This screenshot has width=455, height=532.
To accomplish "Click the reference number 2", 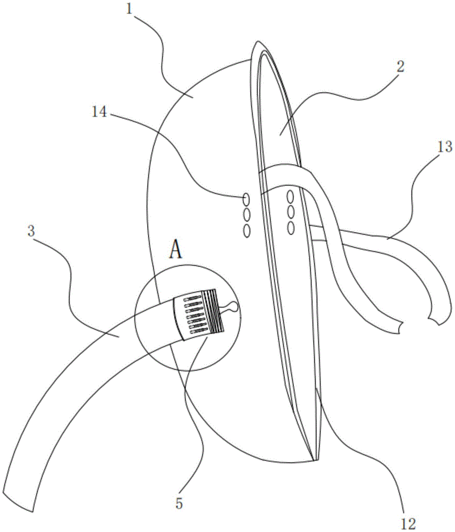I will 400,67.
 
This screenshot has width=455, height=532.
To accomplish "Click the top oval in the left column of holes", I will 246,199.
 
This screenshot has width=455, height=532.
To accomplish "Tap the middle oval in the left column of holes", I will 246,215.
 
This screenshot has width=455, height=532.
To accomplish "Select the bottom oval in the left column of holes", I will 246,230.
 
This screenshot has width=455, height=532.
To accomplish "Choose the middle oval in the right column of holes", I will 291,212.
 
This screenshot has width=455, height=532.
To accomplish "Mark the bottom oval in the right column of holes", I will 291,228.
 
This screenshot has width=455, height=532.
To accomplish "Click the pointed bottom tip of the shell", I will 314,459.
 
